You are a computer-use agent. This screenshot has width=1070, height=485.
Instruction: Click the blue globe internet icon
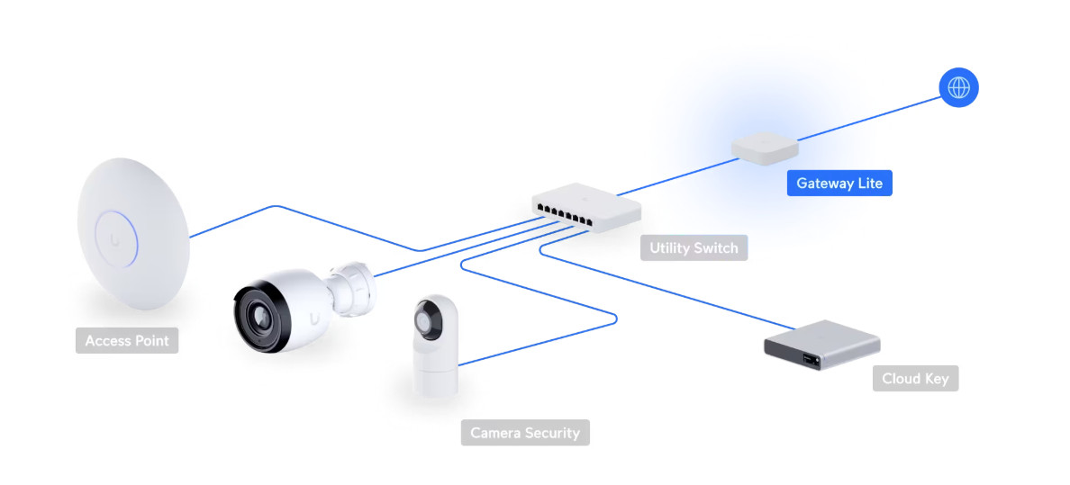pyautogui.click(x=958, y=88)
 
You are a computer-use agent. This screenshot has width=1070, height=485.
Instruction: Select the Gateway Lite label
pyautogui.click(x=839, y=184)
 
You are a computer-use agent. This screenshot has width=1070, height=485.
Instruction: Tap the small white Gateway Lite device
pyautogui.click(x=765, y=148)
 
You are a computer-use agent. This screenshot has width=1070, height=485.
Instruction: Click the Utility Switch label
pyautogui.click(x=694, y=247)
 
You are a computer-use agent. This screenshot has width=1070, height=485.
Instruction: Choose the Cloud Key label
pyautogui.click(x=914, y=378)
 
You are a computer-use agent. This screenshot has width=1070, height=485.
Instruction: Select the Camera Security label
pyautogui.click(x=525, y=433)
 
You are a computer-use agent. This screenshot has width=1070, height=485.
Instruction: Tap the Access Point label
pyautogui.click(x=127, y=341)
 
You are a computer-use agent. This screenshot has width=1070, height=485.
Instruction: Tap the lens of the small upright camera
pyautogui.click(x=426, y=320)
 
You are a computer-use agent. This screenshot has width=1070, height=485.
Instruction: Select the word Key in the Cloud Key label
pyautogui.click(x=936, y=378)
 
